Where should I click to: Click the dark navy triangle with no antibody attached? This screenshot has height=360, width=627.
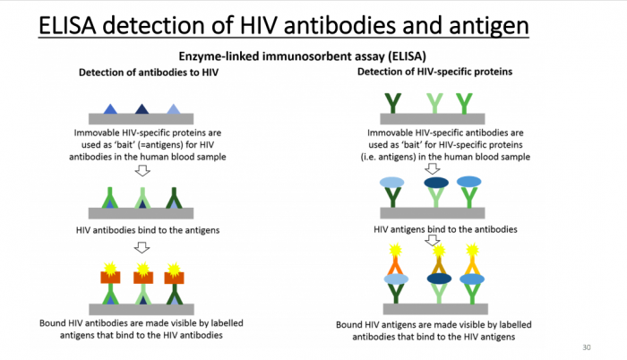142,109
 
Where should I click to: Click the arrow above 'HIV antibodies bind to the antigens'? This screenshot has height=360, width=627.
141,171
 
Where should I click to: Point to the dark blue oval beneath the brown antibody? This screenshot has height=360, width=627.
436,279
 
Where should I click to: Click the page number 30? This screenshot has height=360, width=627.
587,347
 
